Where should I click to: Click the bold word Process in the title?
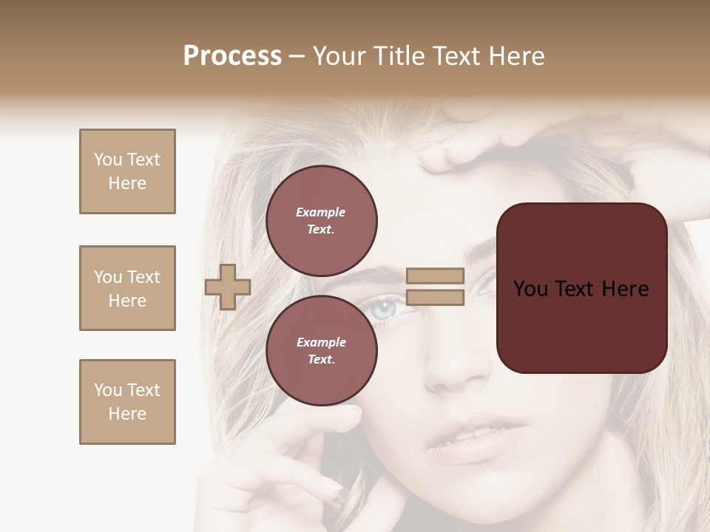click(232, 56)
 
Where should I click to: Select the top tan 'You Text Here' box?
click(127, 171)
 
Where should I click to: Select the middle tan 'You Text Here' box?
click(127, 288)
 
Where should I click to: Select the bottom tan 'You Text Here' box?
click(127, 402)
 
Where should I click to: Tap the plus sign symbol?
click(228, 287)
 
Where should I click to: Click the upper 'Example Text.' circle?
click(322, 221)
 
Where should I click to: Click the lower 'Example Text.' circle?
click(322, 351)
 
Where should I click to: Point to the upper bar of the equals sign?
click(436, 276)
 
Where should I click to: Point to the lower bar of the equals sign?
click(436, 298)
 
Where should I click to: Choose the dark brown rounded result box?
click(582, 288)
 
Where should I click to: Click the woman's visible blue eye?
click(385, 309)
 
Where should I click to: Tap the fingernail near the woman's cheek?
click(354, 410)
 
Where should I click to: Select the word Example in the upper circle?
click(320, 212)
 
